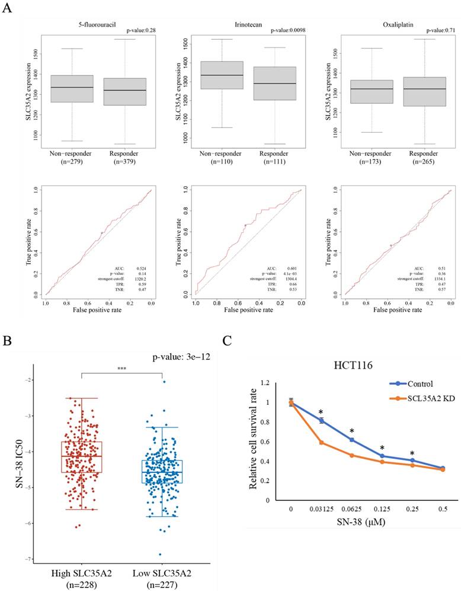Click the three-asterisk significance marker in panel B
coord(122,369)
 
